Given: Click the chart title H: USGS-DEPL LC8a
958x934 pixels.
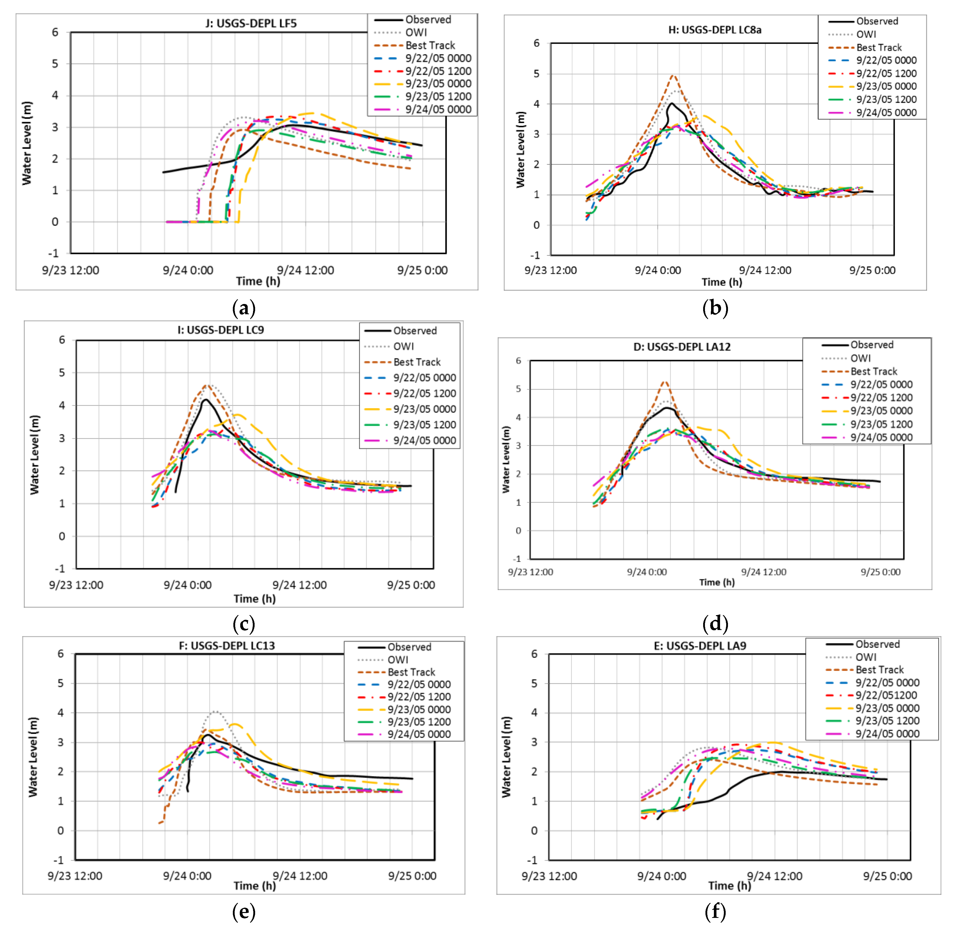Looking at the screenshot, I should tap(715, 30).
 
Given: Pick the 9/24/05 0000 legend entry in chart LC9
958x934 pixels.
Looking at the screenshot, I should tap(424, 440).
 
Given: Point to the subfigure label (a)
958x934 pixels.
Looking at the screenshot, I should tap(244, 308).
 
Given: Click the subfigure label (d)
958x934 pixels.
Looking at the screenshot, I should tap(715, 624).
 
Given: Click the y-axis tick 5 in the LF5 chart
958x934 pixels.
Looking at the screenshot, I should tap(55, 64).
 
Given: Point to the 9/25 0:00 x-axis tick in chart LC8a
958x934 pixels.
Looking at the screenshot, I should tap(872, 270).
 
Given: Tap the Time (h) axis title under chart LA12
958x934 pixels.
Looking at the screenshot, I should tap(717, 582).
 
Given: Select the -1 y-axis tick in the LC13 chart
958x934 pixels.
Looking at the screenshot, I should tap(58, 860).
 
